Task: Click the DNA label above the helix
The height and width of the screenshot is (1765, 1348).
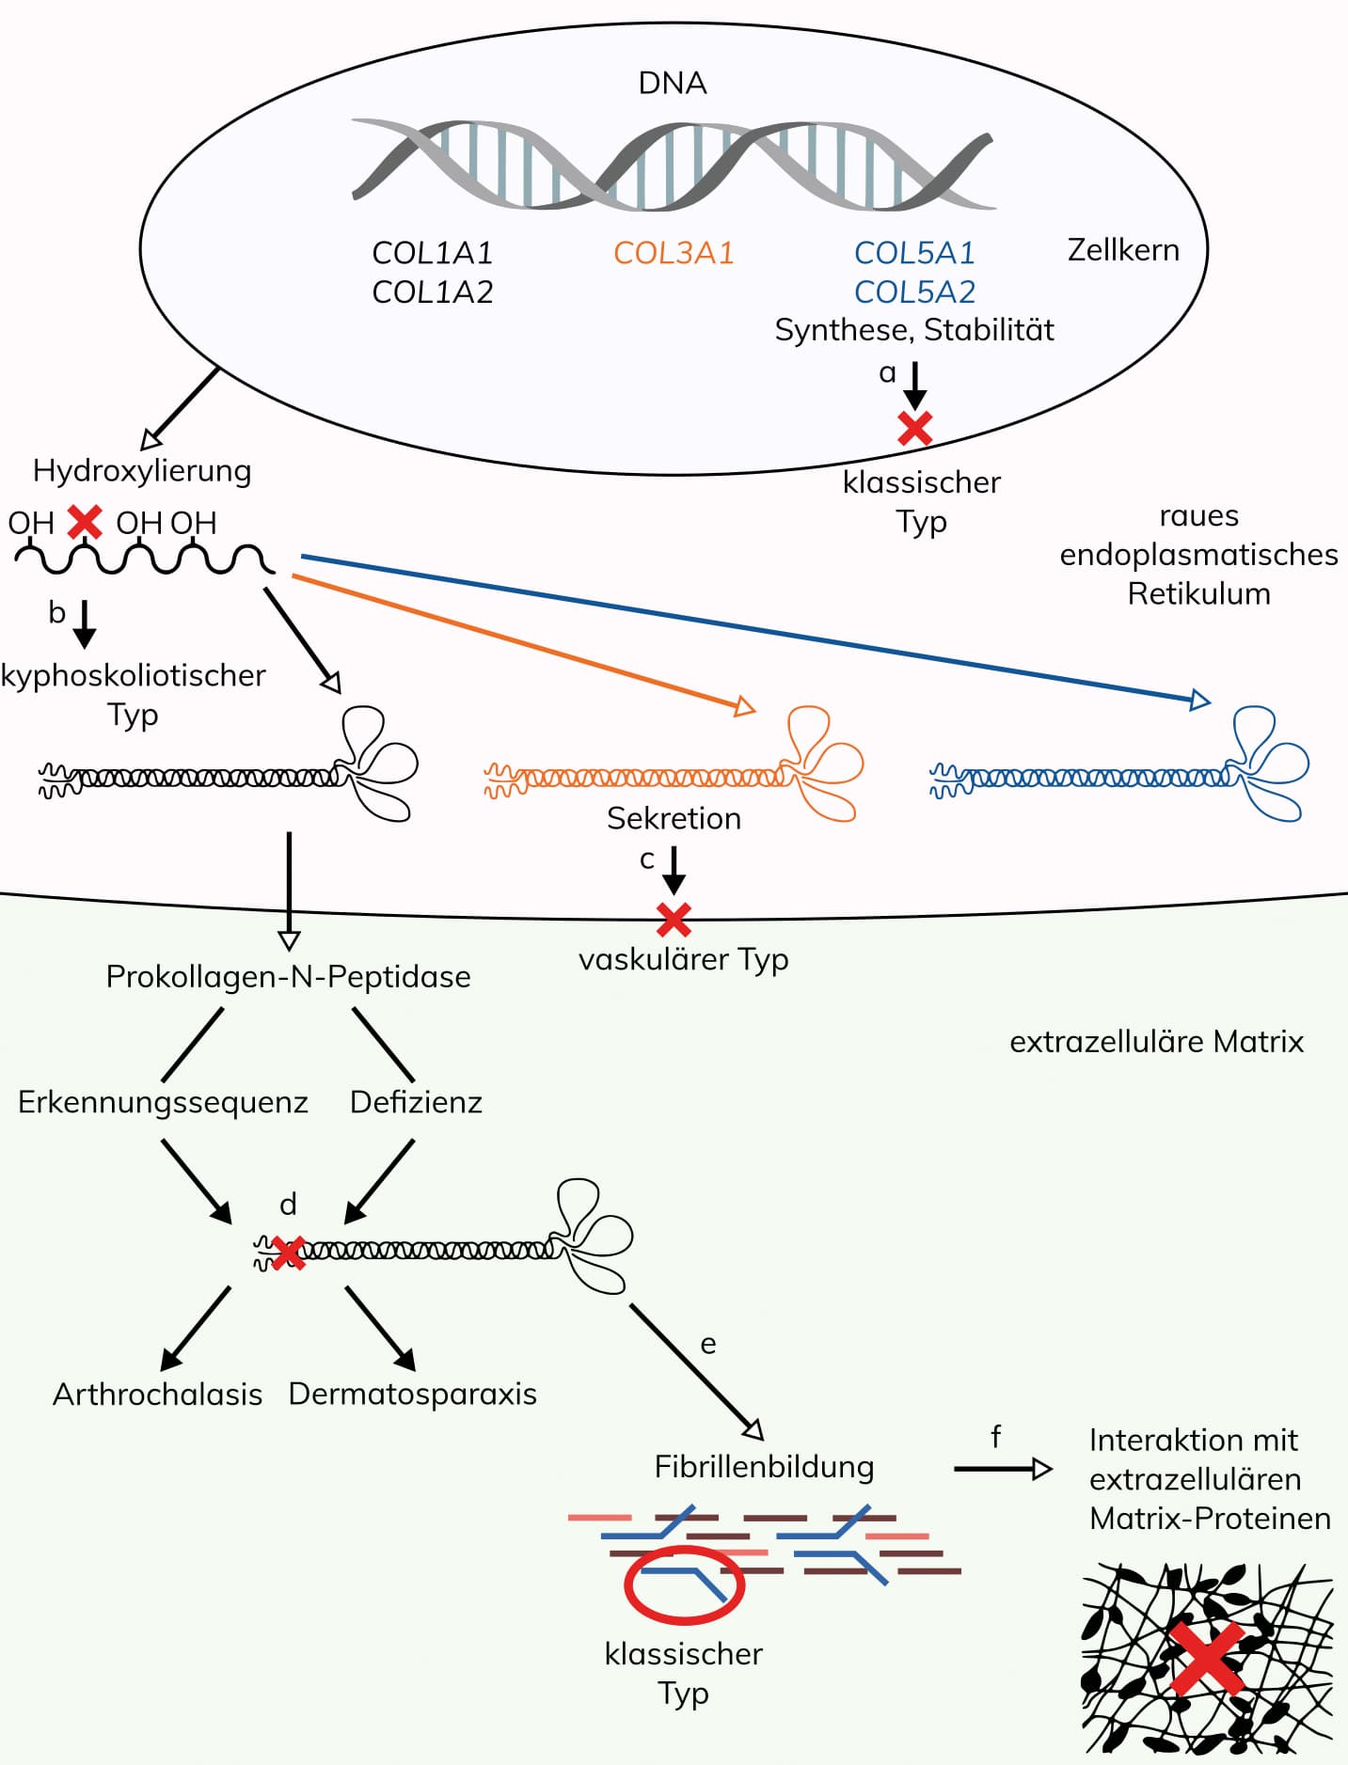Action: [x=673, y=83]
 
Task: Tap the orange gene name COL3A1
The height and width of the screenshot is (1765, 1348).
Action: [x=674, y=253]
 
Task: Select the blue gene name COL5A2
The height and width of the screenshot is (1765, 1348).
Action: [x=914, y=292]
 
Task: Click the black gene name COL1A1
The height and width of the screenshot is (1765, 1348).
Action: [x=433, y=253]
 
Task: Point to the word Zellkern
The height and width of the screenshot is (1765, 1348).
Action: [x=1123, y=250]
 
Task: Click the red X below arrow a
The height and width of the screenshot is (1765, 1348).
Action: [x=915, y=429]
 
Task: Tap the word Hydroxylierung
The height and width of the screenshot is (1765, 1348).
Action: [x=142, y=470]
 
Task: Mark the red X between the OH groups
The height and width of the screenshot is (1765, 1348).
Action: [x=85, y=521]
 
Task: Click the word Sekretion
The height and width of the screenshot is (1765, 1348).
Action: [x=674, y=818]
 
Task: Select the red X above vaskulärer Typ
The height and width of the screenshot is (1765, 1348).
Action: [x=674, y=920]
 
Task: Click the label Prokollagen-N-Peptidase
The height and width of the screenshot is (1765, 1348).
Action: [x=288, y=977]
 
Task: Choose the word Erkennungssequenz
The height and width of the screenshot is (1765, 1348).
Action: [x=163, y=1102]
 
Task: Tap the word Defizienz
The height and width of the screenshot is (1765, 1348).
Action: [x=416, y=1102]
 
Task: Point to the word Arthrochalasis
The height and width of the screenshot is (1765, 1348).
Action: [x=157, y=1395]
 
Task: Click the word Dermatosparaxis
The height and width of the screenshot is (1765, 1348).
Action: [x=412, y=1394]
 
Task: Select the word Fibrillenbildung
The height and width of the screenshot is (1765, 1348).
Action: [x=764, y=1467]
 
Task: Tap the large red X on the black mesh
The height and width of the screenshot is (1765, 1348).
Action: [x=1207, y=1658]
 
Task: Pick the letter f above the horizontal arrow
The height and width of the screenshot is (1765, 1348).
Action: [x=995, y=1437]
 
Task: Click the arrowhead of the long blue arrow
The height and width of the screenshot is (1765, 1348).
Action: [x=1200, y=700]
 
